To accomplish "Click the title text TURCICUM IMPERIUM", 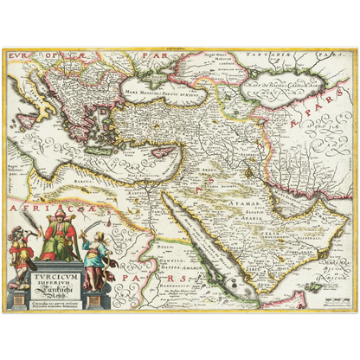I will point(58,278).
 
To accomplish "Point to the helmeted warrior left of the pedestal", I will point(19,250).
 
